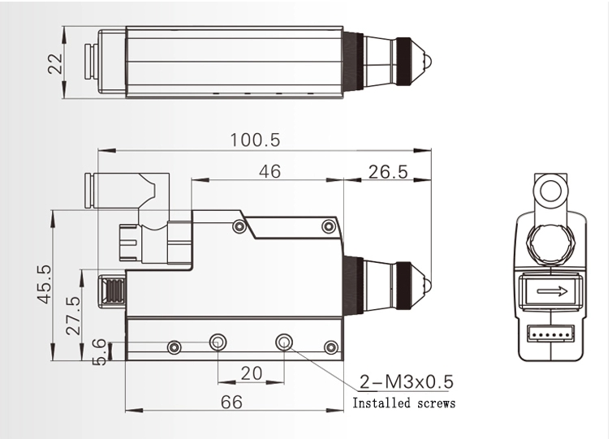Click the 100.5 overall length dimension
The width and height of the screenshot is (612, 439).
tap(255, 140)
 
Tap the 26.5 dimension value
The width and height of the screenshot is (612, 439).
tap(387, 171)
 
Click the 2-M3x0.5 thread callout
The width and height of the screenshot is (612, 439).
tap(406, 382)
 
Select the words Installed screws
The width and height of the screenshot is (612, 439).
tap(403, 403)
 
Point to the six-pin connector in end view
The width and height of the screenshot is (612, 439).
tap(550, 333)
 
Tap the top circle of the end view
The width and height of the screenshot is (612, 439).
tap(550, 191)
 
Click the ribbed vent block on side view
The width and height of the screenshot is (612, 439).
tap(111, 290)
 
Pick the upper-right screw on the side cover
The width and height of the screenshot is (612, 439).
tap(328, 226)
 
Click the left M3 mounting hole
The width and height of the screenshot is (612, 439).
tap(218, 343)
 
